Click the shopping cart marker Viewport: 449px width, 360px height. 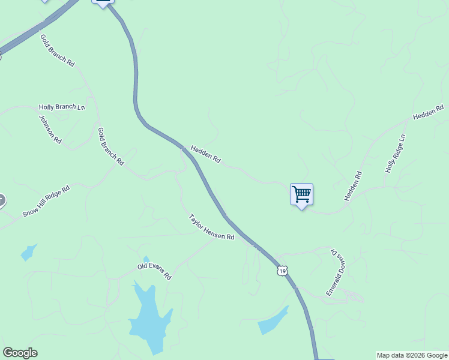point(301,194)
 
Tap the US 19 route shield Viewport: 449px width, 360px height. point(283,271)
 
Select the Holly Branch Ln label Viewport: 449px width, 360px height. point(62,107)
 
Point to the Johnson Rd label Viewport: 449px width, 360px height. point(50,128)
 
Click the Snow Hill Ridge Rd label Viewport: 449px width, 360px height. point(46,201)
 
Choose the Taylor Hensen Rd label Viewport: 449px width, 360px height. point(211,227)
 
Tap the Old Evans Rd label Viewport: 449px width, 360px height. point(154,272)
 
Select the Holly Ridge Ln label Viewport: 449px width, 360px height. point(396,154)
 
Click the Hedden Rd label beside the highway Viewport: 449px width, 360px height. point(206,154)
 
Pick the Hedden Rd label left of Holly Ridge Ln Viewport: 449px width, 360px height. point(354,186)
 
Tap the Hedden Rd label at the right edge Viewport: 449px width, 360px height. point(428,111)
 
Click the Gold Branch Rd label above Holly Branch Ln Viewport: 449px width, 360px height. point(57,50)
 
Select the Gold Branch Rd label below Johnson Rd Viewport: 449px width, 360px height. point(110,146)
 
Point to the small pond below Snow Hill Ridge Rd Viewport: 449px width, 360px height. point(28,253)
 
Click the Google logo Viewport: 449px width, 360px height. point(20,353)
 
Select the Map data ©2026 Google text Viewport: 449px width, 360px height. point(412,355)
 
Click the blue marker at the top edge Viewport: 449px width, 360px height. point(103,2)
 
